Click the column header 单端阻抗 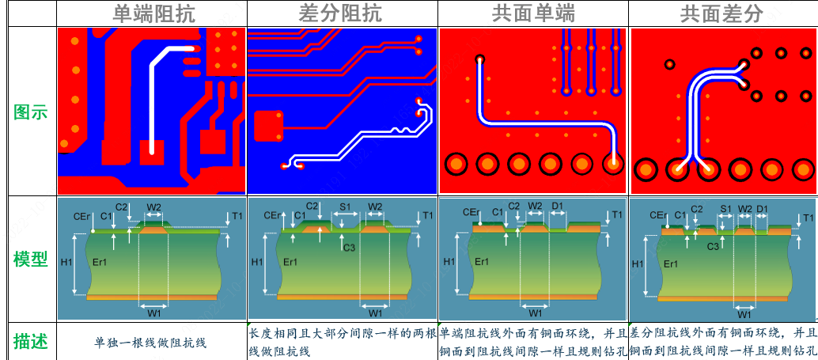pos(153,13)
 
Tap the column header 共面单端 pos(533,13)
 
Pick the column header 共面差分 pos(722,13)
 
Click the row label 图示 pos(31,112)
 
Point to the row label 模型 pos(31,260)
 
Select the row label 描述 pos(31,341)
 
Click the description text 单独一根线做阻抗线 pos(150,342)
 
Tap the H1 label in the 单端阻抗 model pos(66,262)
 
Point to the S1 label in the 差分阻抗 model pos(346,207)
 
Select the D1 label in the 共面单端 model pos(558,207)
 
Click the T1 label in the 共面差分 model pos(808,217)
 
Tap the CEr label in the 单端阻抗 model pos(81,215)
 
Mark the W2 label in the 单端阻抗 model pos(154,207)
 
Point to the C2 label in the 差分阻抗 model pos(312,207)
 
